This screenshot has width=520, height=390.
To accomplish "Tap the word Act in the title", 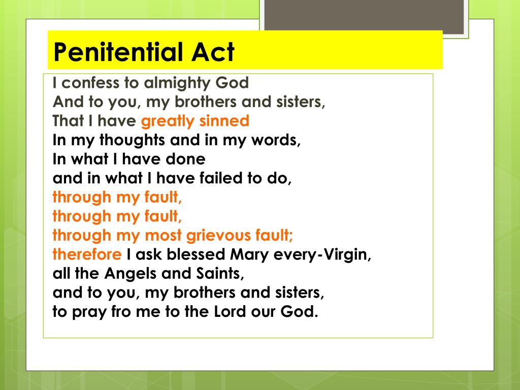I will [x=213, y=51].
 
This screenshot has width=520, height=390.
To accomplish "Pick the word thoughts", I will [x=127, y=140].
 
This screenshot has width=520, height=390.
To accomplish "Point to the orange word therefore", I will [x=87, y=254].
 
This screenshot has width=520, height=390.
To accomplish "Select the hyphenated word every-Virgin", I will [x=322, y=254].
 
